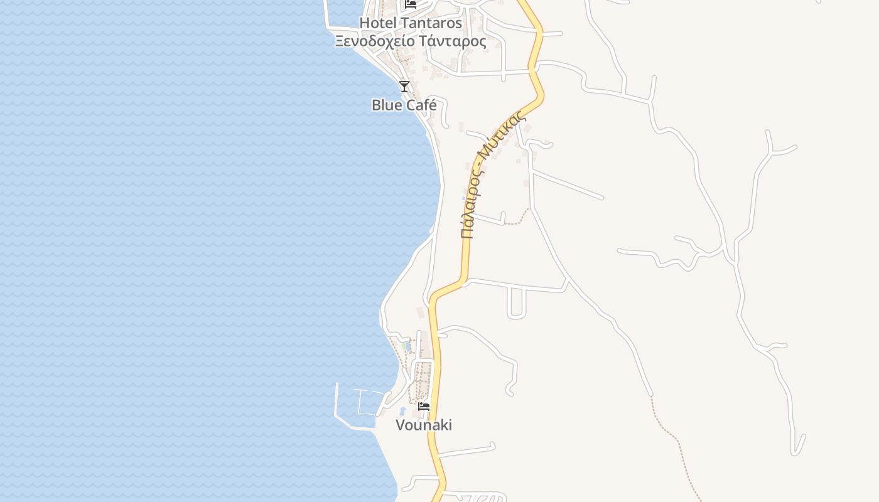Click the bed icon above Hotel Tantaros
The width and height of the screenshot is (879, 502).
coord(411,4)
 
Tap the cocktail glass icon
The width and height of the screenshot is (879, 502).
coord(404,86)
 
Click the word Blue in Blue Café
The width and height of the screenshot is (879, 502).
coord(386,105)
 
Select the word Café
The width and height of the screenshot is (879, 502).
coord(421,105)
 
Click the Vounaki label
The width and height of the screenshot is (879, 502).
coord(424,425)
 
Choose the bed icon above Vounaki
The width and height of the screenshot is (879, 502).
coord(424,406)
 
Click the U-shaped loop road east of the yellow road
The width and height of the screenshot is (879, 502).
coord(516,305)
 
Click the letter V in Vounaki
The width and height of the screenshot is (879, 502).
coord(400,425)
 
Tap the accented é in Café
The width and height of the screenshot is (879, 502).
coord(432,105)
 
